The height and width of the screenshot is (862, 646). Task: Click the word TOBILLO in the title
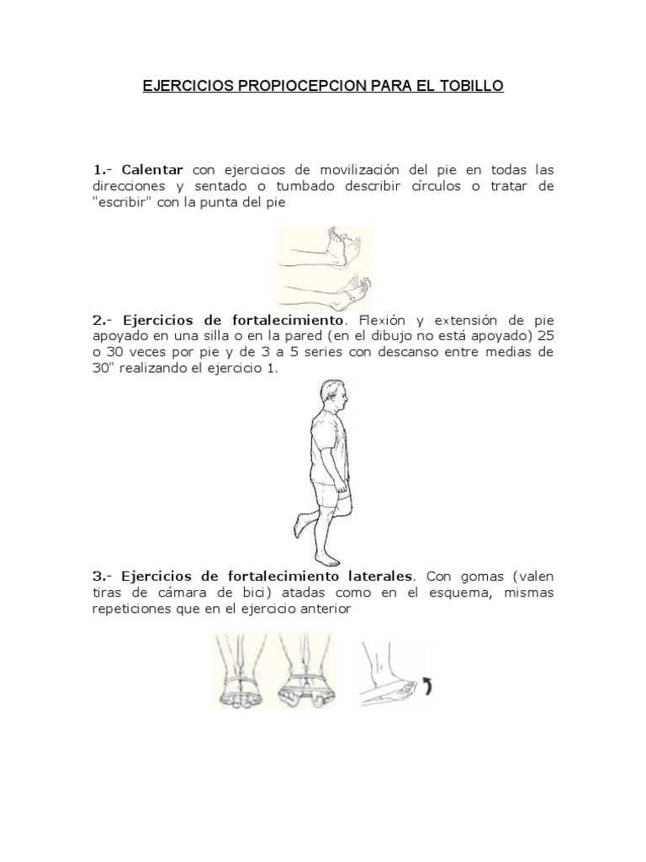click(469, 87)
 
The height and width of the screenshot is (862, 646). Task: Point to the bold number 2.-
click(103, 320)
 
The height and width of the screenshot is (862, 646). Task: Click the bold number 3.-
click(103, 577)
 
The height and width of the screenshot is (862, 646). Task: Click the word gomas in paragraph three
click(479, 577)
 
